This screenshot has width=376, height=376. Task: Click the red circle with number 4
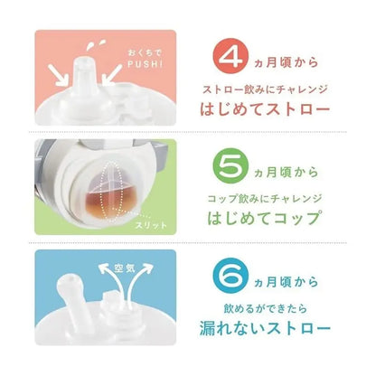point(230,56)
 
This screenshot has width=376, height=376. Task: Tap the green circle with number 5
point(230,165)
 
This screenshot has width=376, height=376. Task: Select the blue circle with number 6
point(230,276)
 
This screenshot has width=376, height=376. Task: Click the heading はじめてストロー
point(265,109)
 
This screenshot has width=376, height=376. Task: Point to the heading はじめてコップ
point(264,219)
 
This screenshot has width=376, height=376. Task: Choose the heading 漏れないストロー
point(265,328)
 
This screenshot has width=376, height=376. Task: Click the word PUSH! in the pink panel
point(146,64)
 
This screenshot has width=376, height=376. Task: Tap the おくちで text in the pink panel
point(145,53)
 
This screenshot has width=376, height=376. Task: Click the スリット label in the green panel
point(151,225)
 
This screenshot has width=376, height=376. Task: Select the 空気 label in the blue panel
point(125,268)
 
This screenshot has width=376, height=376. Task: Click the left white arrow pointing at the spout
point(58,75)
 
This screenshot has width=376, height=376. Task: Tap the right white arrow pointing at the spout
point(111,75)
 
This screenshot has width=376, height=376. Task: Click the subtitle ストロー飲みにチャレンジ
point(265,89)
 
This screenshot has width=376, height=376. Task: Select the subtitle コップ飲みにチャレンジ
point(265,199)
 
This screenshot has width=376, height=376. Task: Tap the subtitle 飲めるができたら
point(265,308)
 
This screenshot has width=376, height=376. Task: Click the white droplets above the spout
point(95,45)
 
